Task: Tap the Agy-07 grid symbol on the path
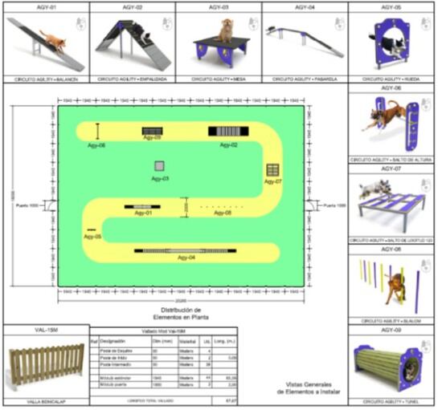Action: click(273, 170)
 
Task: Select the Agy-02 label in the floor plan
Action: click(228, 145)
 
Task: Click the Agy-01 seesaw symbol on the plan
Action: click(142, 207)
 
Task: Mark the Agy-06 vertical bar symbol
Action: click(98, 131)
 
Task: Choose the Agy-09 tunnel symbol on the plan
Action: click(150, 131)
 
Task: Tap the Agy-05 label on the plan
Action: click(94, 237)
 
